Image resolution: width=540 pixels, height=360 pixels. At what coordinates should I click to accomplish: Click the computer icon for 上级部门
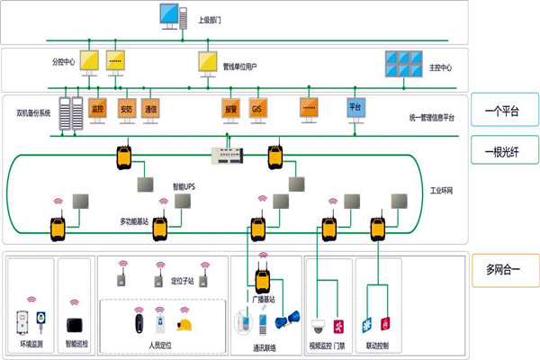tap(170, 15)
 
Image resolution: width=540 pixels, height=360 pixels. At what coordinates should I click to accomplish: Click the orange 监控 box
tap(97, 110)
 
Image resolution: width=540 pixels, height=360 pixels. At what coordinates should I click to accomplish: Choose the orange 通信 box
tap(150, 110)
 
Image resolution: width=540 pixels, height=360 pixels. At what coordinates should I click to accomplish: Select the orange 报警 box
tap(229, 110)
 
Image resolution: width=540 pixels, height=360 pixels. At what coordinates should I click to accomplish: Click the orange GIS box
tap(256, 110)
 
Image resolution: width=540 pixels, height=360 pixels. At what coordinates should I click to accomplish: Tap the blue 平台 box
tap(355, 108)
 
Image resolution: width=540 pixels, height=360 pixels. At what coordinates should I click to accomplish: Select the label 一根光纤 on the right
tap(502, 150)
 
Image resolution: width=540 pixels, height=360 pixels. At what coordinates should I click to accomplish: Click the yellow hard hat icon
tap(186, 323)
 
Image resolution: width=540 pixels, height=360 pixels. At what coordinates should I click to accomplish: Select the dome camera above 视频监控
tap(319, 325)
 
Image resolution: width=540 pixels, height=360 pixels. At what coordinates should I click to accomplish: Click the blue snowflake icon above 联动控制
tap(366, 324)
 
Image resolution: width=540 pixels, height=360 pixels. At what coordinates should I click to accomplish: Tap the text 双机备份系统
tap(34, 114)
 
